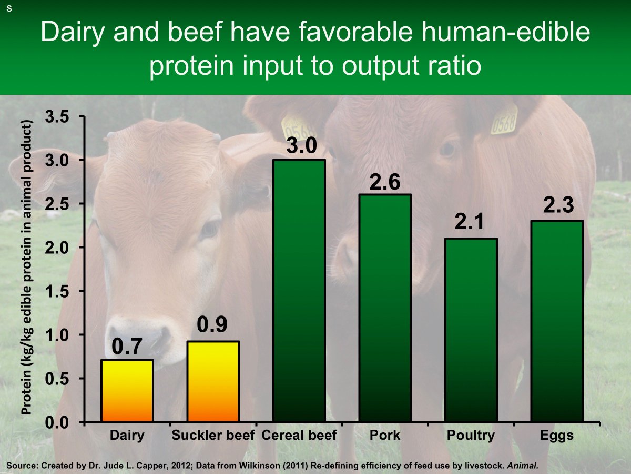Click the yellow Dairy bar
coord(127,391)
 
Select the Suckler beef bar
coord(213,382)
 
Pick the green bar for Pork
coord(385,308)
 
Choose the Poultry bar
coord(471,330)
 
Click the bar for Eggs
coord(557,321)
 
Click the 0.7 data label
coord(127,347)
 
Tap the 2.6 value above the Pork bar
coord(385,182)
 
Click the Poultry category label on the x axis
coord(471,436)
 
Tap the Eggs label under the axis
coord(557,436)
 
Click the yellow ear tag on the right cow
coord(504,120)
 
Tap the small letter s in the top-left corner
coord(9,9)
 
